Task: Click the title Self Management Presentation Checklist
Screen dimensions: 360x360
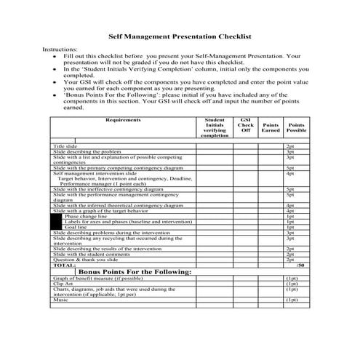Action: tap(180, 34)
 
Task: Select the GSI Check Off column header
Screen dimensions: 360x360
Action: tap(246, 125)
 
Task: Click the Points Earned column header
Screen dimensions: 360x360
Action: tap(270, 127)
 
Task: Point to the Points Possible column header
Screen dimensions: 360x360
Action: tap(296, 127)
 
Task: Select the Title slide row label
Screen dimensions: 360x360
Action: tap(65, 146)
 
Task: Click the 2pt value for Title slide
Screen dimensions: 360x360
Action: tap(289, 146)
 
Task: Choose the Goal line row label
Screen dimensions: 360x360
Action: tap(75, 227)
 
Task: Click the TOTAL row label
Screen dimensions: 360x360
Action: tap(63, 265)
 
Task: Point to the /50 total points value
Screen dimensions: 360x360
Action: tap(300, 265)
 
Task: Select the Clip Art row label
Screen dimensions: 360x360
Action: tap(63, 284)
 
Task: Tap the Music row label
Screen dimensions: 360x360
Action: tap(60, 300)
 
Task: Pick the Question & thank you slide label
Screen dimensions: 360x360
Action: tap(86, 260)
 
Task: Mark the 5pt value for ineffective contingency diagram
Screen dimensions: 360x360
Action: tap(289, 189)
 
